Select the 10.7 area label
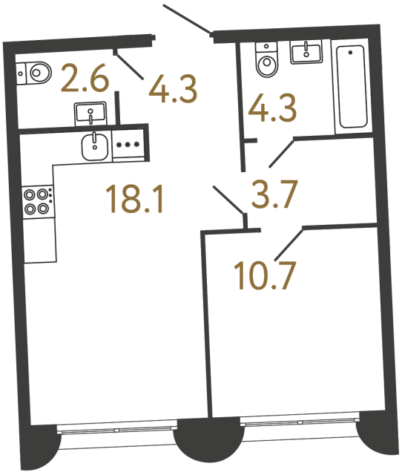click(x=264, y=276)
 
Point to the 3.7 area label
click(x=274, y=196)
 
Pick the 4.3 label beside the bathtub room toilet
click(x=273, y=109)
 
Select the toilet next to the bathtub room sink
click(x=265, y=60)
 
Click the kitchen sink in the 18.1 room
click(x=93, y=145)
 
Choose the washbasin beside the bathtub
click(x=307, y=52)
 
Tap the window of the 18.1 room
click(x=117, y=428)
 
